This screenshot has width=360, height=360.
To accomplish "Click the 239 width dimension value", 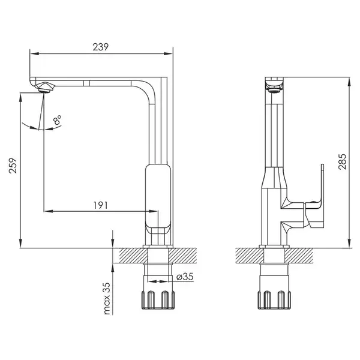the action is tap(100, 47).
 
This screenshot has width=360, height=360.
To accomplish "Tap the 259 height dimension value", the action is tap(13, 166).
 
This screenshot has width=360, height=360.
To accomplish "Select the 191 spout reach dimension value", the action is tap(101, 205).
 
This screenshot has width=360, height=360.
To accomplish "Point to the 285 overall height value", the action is tap(343, 161).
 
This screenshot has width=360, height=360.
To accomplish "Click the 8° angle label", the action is tap(57, 119).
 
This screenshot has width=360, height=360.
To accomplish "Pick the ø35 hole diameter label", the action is tap(185, 277).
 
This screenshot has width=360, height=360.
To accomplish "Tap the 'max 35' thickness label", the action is tap(107, 298).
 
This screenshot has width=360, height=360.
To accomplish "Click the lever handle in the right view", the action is tap(314, 202).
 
